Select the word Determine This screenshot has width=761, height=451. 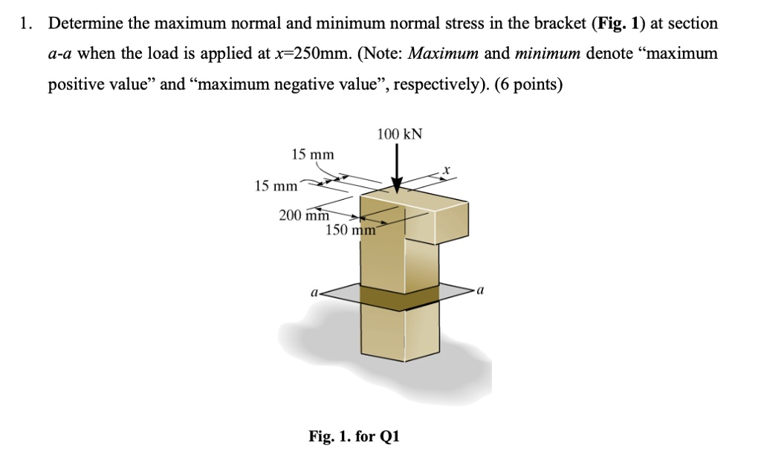(83, 24)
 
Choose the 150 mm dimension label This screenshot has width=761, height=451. (351, 230)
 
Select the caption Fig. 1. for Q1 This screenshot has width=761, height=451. (354, 435)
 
